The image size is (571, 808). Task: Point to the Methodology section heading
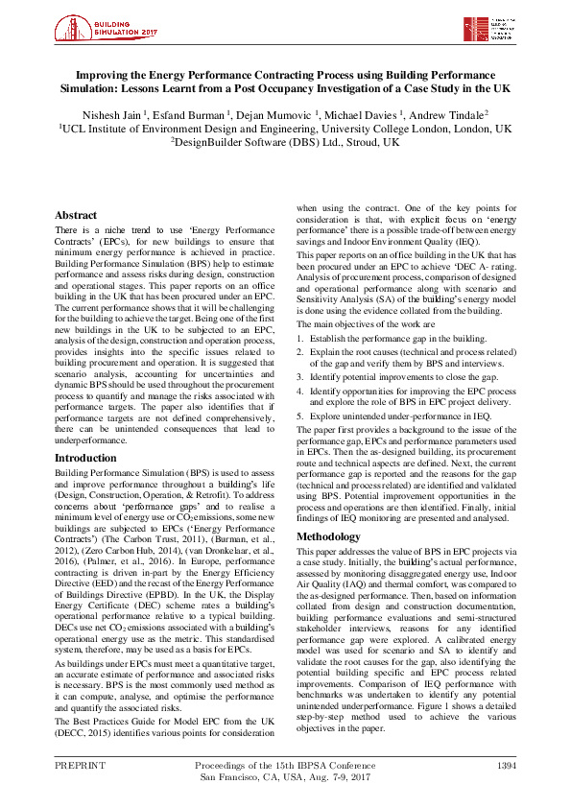pos(328,536)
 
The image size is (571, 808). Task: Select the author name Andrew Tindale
pos(454,113)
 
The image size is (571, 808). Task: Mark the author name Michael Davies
pos(365,113)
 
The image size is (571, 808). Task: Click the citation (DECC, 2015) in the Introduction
pos(85,732)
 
